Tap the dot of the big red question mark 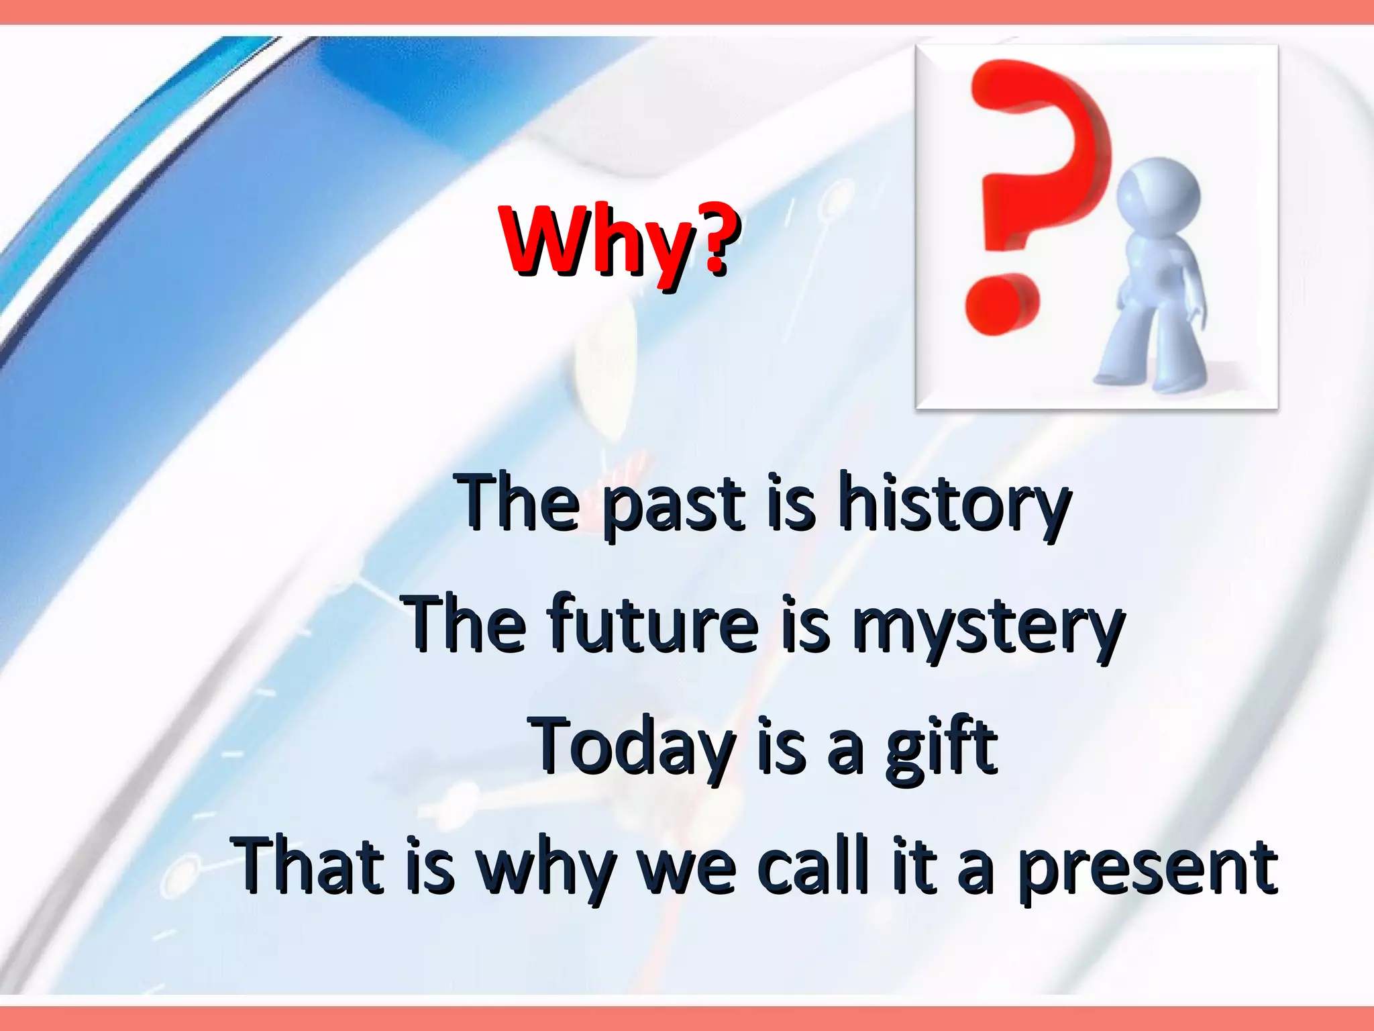(x=1001, y=306)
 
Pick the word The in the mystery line (x=464, y=624)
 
